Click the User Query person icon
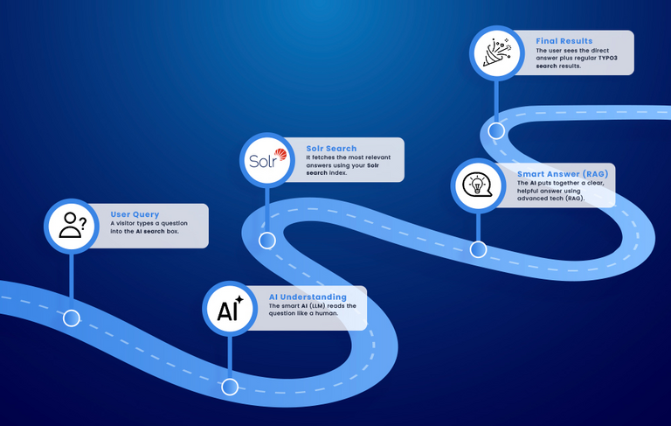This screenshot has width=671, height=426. pos(72,225)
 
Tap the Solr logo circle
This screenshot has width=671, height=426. pos(266,161)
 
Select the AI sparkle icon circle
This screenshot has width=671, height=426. pos(230,309)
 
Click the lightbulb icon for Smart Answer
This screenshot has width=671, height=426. pos(477,185)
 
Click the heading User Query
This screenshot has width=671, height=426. pos(134,214)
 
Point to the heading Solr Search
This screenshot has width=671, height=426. pos(331,149)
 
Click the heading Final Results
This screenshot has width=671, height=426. pos(564,41)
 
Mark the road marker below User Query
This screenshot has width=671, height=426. pos(72,318)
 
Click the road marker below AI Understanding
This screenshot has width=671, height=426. pos(230,387)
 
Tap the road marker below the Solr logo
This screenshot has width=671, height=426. pos(266,240)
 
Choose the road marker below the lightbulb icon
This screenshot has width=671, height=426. pos(477,249)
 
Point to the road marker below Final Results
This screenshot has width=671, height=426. pos(496,131)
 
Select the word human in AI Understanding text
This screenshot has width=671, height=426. pos(325,313)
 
